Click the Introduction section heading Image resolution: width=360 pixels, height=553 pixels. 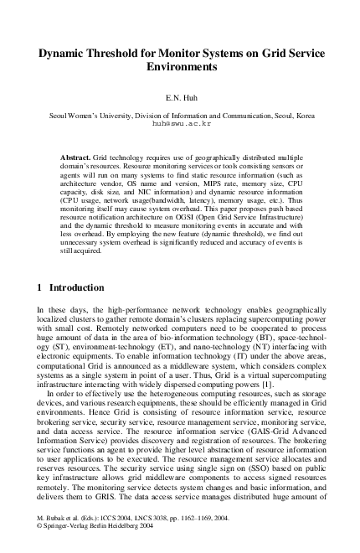pos(76,287)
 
